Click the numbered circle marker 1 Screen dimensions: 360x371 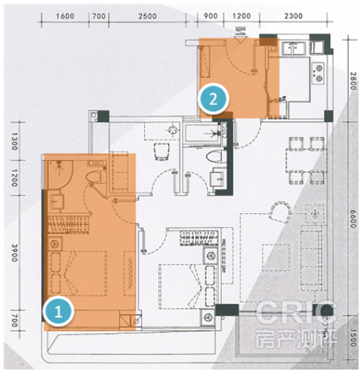pos(58,311)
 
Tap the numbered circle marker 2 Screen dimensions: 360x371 pos(213,99)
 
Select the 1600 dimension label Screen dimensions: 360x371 pos(65,17)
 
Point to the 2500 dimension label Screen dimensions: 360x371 pos(148,17)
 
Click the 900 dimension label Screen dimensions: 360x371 pos(210,16)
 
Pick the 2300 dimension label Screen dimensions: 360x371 pos(293,16)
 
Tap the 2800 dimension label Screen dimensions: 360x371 pos(353,81)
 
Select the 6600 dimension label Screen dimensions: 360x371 pos(353,219)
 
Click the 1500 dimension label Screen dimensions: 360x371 pos(353,338)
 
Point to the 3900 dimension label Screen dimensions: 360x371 pos(14,253)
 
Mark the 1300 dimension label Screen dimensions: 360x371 pos(14,141)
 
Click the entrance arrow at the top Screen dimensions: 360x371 pos(240,35)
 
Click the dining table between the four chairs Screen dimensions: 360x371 pos(305,160)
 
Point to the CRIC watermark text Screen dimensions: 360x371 pos(296,313)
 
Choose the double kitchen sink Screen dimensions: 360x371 pos(294,48)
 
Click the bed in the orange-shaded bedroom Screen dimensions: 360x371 pos(78,273)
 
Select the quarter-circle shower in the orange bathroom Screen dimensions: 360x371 pos(60,174)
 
